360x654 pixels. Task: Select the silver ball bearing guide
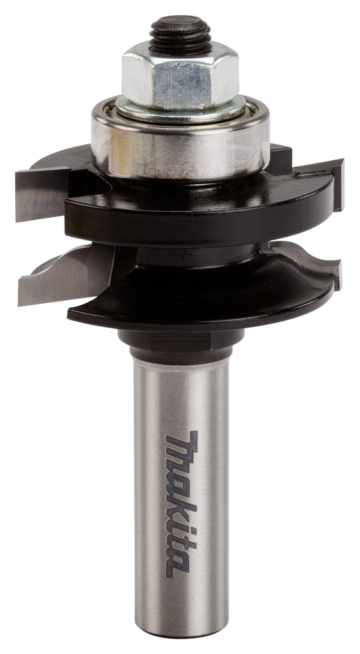click(x=180, y=142)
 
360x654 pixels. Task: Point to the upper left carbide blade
click(x=42, y=194)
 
